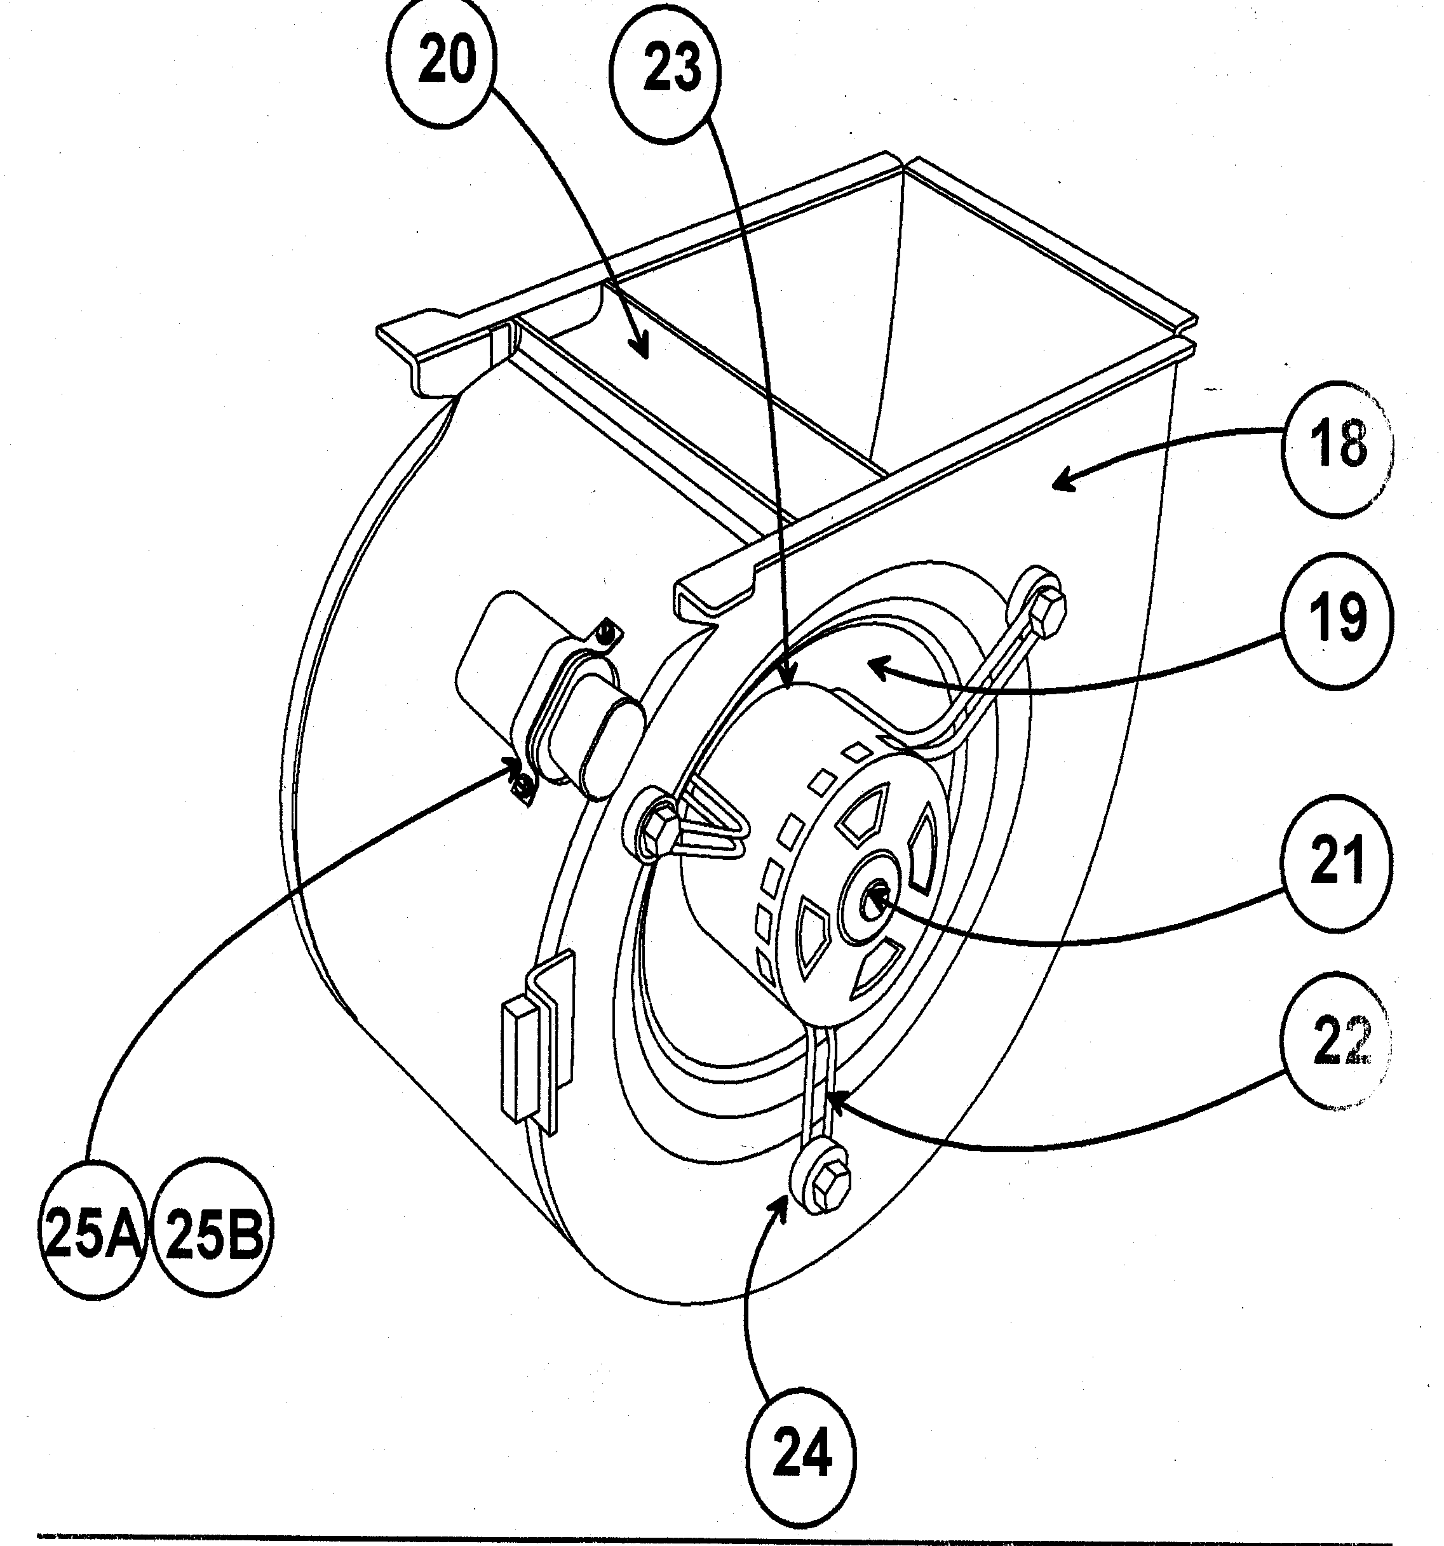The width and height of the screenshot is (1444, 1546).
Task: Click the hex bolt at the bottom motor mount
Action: (830, 1186)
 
